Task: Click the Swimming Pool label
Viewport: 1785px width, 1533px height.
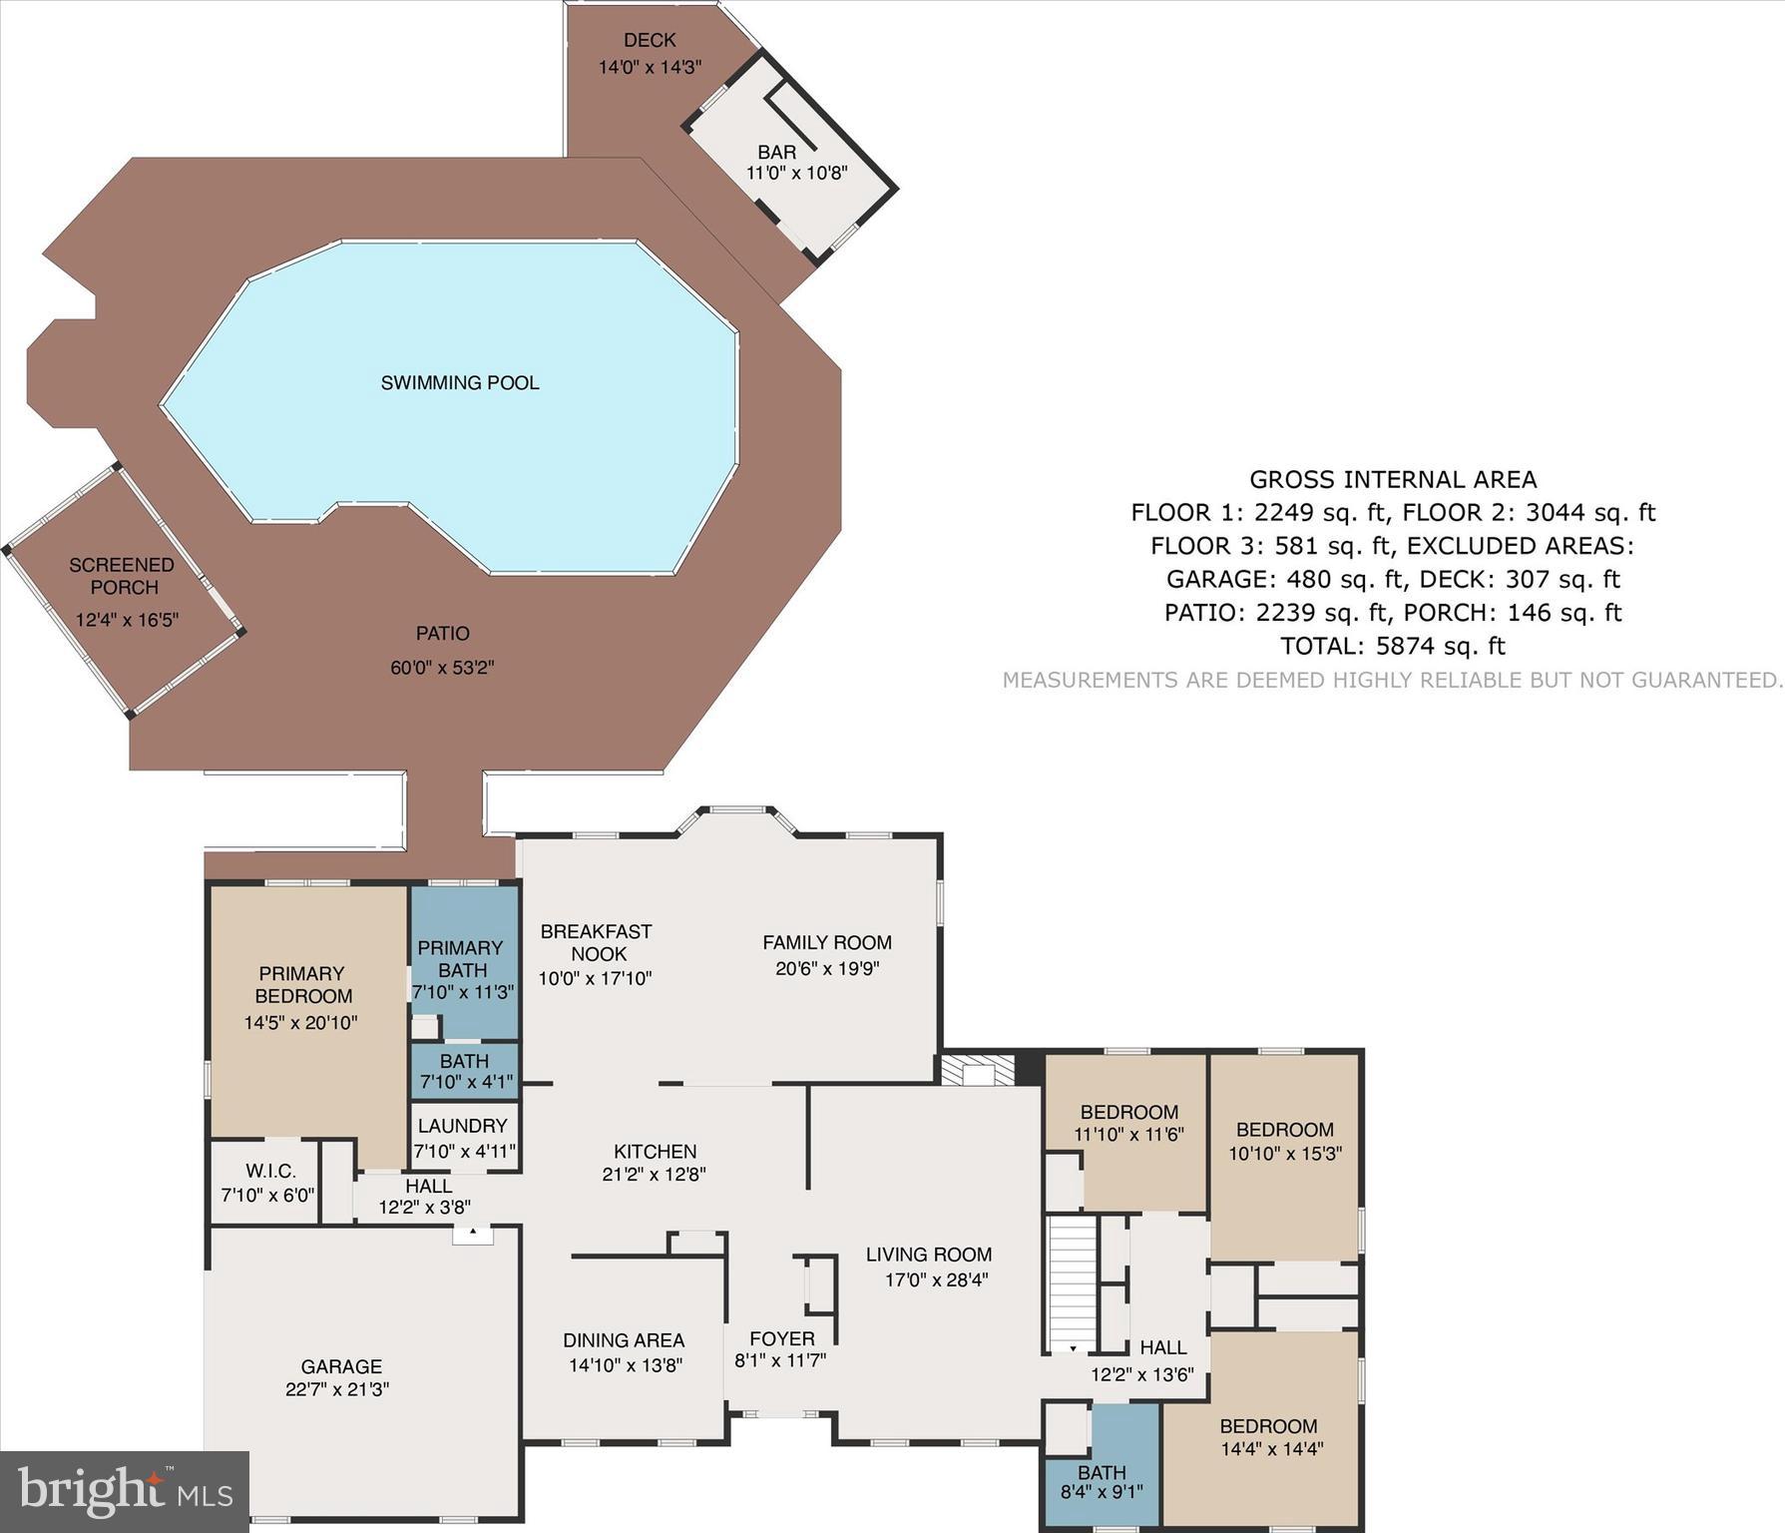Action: tap(460, 383)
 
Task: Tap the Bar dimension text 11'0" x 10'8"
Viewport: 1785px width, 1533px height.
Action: tap(796, 173)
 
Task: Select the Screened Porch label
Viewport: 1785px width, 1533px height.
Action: tap(122, 576)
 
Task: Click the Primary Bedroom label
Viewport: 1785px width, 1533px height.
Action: tap(302, 984)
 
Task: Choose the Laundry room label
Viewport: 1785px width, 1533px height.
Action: tap(463, 1126)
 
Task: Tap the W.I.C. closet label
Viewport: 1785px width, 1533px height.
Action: tap(270, 1172)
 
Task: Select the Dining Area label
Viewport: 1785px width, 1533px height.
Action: tap(624, 1340)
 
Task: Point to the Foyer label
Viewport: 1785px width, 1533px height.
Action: tap(782, 1338)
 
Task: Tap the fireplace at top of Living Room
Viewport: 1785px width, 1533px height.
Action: tap(978, 1071)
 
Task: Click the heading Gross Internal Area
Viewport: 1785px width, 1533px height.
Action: tap(1393, 480)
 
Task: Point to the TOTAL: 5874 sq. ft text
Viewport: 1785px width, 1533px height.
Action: tap(1393, 646)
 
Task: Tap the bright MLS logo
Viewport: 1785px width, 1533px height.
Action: tap(125, 1492)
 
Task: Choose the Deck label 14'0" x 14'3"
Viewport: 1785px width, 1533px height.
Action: tap(650, 68)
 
